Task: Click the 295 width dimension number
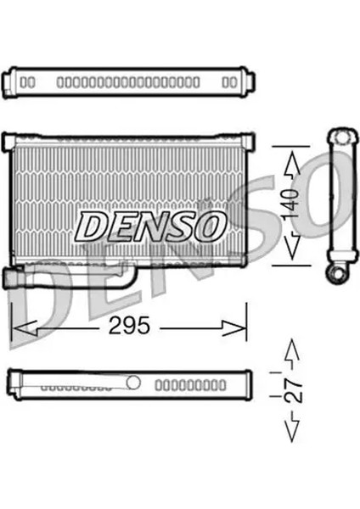click(129, 325)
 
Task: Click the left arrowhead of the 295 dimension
click(19, 325)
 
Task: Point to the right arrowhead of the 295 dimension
click(239, 325)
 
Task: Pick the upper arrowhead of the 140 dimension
click(290, 157)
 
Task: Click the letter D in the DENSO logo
click(91, 226)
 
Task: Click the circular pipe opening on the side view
click(339, 272)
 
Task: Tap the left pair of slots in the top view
click(27, 82)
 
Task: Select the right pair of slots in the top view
click(228, 82)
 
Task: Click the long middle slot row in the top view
click(127, 82)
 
